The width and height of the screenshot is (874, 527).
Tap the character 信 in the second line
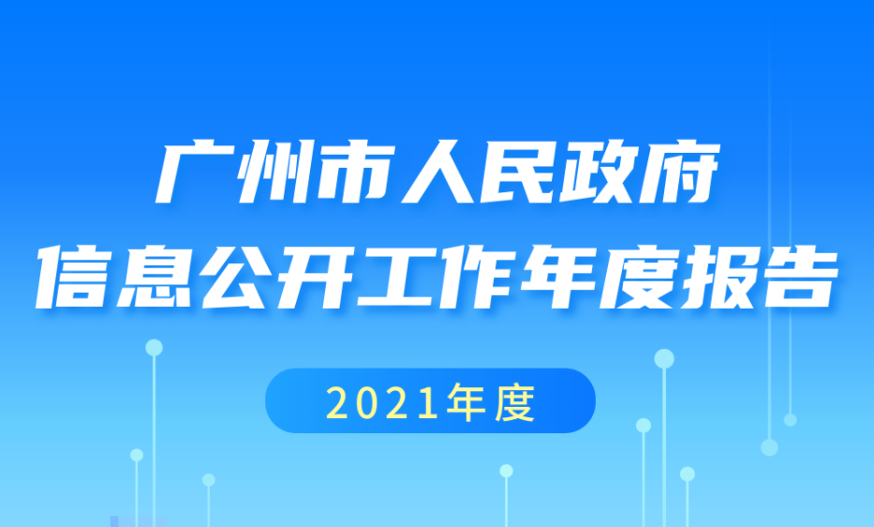point(76,277)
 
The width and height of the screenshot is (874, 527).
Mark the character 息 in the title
point(156,277)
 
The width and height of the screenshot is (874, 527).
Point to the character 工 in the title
point(397,277)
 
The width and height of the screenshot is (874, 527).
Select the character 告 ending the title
point(798,277)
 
